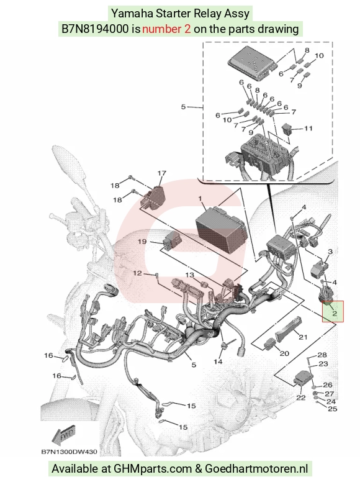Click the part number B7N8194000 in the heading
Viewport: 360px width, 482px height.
95,29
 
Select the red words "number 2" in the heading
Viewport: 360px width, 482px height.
166,29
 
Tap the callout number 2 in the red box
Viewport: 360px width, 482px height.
334,314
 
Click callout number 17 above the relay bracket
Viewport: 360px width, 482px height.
162,173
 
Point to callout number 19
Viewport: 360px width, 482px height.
142,242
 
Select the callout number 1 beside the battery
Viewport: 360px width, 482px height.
200,199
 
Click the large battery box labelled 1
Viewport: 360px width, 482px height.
220,225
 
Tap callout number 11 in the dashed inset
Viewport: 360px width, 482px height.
308,128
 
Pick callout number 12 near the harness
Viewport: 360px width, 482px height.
137,273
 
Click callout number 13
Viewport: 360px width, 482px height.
190,275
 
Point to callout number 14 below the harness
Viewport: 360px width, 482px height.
218,361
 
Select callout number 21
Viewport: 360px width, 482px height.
303,337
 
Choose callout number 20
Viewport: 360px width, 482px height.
284,353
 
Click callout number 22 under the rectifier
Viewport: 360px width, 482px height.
300,398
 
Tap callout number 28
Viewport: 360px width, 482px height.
322,355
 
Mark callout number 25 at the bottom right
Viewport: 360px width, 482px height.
332,409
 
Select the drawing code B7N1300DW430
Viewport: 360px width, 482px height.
69,452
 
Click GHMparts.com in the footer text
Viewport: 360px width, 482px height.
153,469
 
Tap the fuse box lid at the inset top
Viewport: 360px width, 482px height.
251,63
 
